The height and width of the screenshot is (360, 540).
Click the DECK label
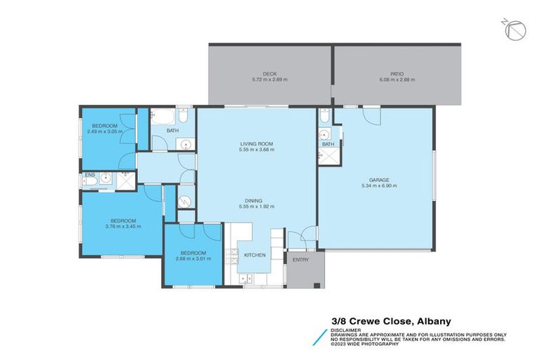tap(270, 73)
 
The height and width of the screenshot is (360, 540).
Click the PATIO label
tap(397, 73)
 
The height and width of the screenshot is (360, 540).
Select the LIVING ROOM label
tap(256, 143)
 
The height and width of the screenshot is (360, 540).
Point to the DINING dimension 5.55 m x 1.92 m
tap(256, 207)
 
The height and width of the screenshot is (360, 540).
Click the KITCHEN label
tap(255, 255)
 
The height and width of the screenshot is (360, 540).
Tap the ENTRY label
tap(301, 260)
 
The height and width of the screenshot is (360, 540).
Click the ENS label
tap(89, 174)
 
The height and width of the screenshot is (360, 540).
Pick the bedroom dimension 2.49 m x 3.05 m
tap(105, 131)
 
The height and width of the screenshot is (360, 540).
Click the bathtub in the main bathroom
tap(166, 117)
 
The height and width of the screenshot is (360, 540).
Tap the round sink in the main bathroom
tap(185, 145)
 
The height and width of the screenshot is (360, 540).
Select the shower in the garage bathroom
tap(327, 156)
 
